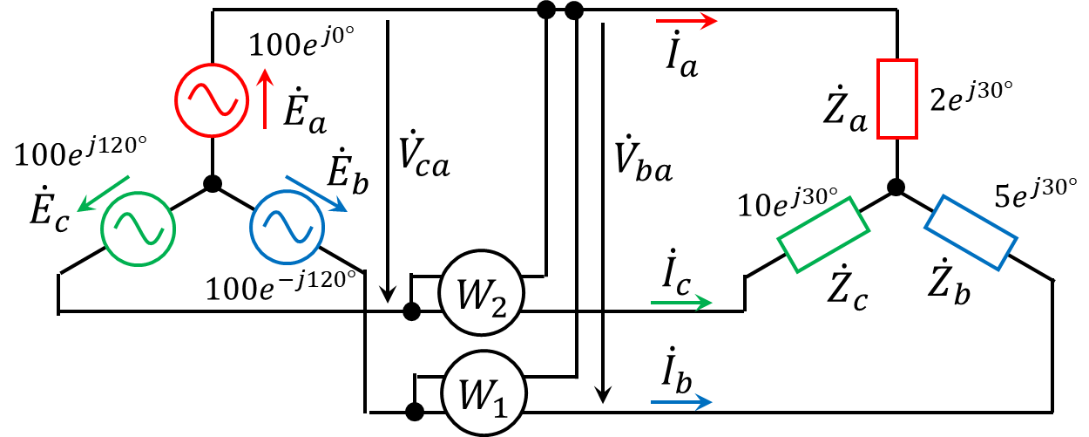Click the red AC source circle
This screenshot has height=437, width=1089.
click(212, 100)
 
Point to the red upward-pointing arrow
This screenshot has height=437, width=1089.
click(266, 99)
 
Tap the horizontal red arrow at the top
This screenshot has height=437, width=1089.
click(687, 21)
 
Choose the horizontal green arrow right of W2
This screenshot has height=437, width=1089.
click(682, 303)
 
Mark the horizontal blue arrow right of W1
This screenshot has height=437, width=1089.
click(682, 401)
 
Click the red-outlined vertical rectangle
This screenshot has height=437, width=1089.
click(897, 99)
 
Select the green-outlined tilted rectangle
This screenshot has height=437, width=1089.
click(823, 235)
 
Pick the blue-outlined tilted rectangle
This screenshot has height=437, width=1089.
click(971, 232)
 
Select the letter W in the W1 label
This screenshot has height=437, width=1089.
click(475, 395)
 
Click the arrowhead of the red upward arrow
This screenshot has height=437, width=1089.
click(266, 78)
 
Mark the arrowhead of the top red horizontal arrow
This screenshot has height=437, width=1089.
click(709, 21)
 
